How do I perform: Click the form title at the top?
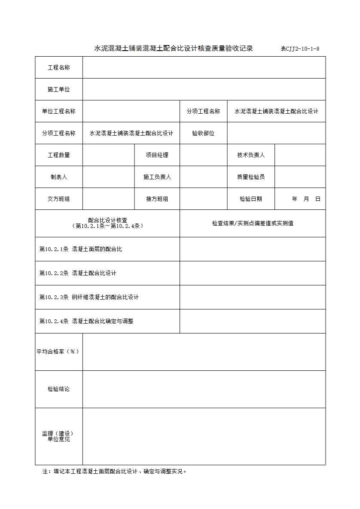pyautogui.click(x=174, y=48)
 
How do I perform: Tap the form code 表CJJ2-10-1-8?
pyautogui.click(x=300, y=49)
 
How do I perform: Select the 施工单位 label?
pyautogui.click(x=59, y=90)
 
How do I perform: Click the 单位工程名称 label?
pyautogui.click(x=59, y=112)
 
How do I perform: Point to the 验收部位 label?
pyautogui.click(x=203, y=133)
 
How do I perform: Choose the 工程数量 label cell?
pyautogui.click(x=59, y=155)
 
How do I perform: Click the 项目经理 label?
pyautogui.click(x=157, y=155)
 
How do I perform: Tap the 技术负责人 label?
pyautogui.click(x=251, y=155)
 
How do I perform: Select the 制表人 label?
pyautogui.click(x=59, y=177)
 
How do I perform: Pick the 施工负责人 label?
pyautogui.click(x=157, y=177)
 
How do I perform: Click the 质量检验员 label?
pyautogui.click(x=251, y=177)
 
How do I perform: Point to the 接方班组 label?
pyautogui.click(x=157, y=199)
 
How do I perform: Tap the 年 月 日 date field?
pyautogui.click(x=306, y=199)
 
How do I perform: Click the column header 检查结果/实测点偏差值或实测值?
pyautogui.click(x=253, y=224)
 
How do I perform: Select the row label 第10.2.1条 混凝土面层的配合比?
pyautogui.click(x=81, y=249)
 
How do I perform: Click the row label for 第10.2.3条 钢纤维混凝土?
pyautogui.click(x=89, y=297)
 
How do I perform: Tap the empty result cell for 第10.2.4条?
pyautogui.click(x=253, y=321)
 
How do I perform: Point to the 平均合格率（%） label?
pyautogui.click(x=58, y=352)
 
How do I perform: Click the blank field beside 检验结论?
pyautogui.click(x=204, y=389)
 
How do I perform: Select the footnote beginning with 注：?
pyautogui.click(x=115, y=471)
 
